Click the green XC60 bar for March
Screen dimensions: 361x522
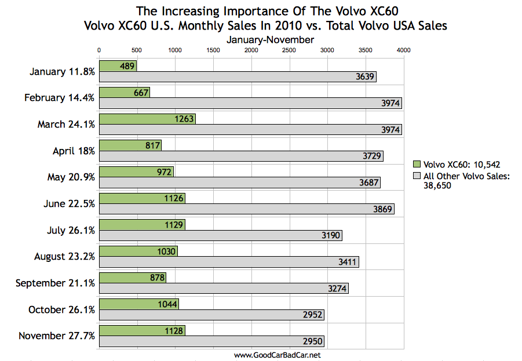point(147,119)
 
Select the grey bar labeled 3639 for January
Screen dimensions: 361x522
point(238,76)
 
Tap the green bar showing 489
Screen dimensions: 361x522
point(118,66)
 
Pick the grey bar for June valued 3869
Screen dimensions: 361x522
point(246,209)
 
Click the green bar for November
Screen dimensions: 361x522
point(142,330)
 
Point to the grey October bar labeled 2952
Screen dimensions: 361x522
point(211,315)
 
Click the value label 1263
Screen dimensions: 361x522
point(183,119)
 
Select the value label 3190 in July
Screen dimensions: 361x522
point(330,235)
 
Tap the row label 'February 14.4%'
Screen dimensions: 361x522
point(59,98)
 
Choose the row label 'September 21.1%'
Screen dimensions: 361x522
point(55,283)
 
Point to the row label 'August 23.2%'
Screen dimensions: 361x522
point(64,257)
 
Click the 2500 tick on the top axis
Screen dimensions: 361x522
point(289,50)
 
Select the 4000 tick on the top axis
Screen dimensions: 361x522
point(403,50)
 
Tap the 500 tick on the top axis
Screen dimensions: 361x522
point(137,50)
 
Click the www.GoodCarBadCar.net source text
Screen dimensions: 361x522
point(277,354)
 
